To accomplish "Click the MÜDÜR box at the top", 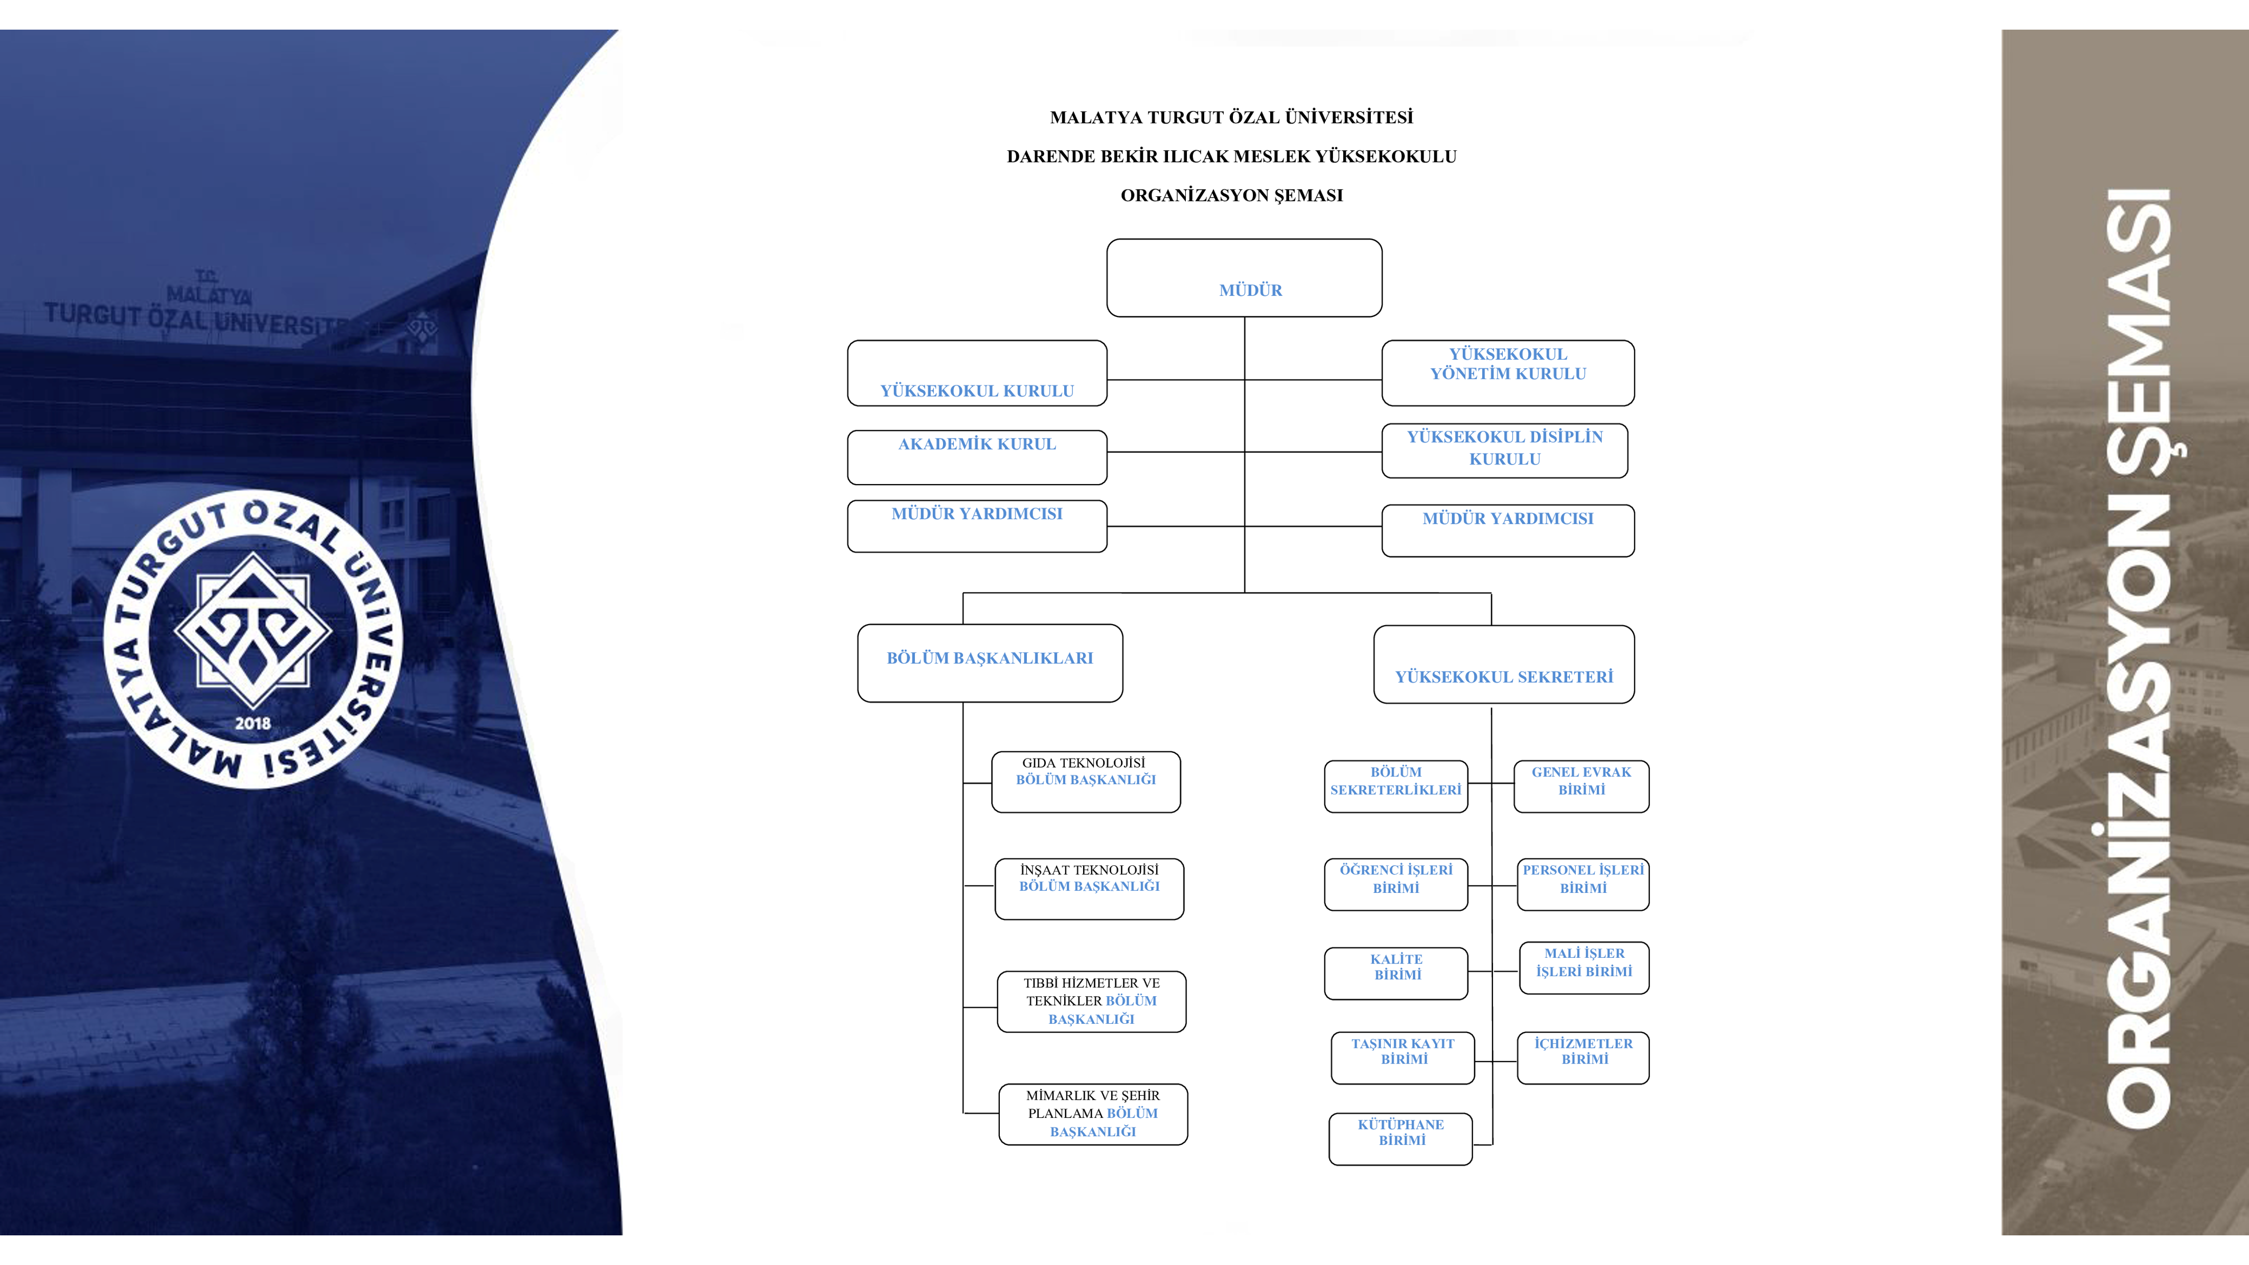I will coord(1244,278).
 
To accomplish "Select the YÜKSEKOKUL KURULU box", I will coord(977,374).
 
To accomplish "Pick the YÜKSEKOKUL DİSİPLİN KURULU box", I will coord(1504,450).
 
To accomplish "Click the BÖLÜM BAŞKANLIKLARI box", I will coord(990,662).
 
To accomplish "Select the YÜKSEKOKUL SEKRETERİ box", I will coord(1503,664).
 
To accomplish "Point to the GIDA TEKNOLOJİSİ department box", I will coord(1086,781).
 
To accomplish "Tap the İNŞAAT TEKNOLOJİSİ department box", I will coord(1090,889).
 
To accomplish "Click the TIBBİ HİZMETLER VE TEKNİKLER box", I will coord(1091,1001).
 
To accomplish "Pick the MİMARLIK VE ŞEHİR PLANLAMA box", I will coord(1093,1114).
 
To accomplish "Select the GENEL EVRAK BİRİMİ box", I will coord(1581,786).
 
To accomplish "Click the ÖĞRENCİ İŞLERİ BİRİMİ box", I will coord(1396,884).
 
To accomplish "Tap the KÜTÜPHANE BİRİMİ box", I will coord(1401,1138).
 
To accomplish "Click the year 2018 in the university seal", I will coord(253,723).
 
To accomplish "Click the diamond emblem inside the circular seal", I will coord(253,630).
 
